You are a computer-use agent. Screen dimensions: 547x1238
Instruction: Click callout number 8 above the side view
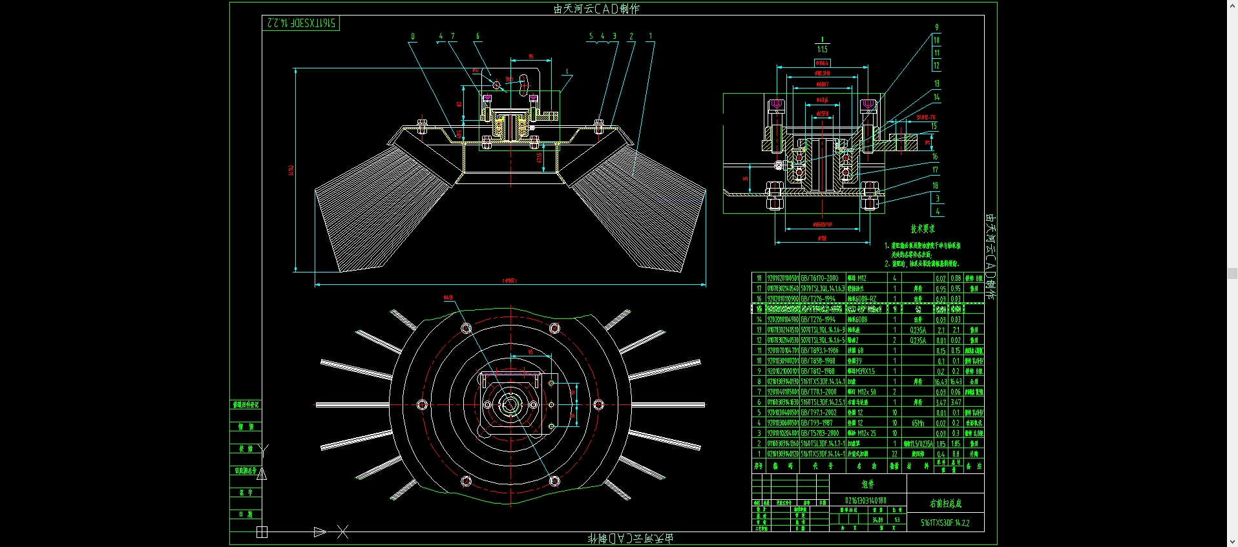[413, 37]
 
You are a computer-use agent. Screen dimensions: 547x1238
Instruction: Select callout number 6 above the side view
[477, 37]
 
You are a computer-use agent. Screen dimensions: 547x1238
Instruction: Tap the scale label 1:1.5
[822, 49]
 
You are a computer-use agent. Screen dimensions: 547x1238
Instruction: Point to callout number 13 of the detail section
[936, 84]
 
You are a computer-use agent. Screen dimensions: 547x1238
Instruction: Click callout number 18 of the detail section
[935, 185]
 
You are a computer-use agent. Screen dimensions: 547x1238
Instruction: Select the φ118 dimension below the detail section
[822, 239]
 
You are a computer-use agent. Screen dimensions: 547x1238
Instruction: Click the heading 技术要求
[922, 229]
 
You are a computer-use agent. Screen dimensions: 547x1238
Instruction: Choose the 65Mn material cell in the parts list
[918, 423]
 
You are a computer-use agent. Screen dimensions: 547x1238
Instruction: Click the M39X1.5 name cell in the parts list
[861, 371]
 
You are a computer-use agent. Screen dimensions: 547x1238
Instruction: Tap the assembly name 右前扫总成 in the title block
[945, 503]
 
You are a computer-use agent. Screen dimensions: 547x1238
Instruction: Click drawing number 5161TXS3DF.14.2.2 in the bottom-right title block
[945, 523]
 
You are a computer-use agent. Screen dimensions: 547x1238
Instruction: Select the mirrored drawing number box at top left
[300, 23]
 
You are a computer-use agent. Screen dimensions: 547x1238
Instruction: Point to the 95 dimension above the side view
[531, 57]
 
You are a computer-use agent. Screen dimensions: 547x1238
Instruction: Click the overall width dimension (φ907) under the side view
[510, 280]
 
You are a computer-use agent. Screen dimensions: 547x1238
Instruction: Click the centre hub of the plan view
[510, 405]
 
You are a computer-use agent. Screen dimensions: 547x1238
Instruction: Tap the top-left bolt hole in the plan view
[466, 329]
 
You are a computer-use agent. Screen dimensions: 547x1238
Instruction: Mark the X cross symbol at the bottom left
[342, 532]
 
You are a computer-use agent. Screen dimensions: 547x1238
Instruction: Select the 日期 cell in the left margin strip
[246, 514]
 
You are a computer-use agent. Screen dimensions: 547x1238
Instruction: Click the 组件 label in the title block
[868, 484]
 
